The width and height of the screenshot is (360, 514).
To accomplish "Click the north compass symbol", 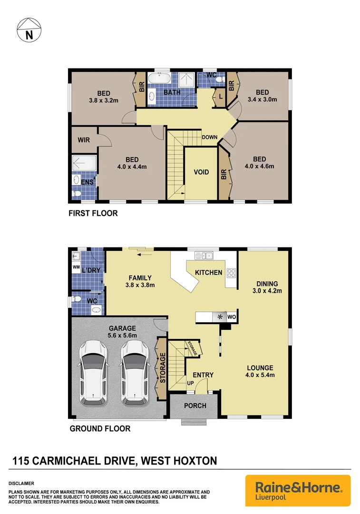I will [x=29, y=30].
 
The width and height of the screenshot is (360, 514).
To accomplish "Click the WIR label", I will [x=84, y=140].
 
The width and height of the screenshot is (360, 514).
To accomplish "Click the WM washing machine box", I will [x=76, y=267].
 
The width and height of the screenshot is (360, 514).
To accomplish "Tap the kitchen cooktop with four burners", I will [x=231, y=273].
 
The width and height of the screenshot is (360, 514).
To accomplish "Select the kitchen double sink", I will [x=207, y=256].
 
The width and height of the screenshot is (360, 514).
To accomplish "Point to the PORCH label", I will [x=195, y=405].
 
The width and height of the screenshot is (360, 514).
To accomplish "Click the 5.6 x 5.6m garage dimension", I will [x=122, y=336].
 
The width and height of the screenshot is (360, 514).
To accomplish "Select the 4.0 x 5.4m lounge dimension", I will [x=259, y=375].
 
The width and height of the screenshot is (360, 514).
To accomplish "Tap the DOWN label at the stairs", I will [x=209, y=138].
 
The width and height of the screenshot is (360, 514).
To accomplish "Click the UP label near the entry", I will [x=191, y=383].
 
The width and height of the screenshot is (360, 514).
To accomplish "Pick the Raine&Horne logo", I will [x=298, y=490].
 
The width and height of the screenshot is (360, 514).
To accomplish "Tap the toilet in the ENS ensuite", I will [x=77, y=194].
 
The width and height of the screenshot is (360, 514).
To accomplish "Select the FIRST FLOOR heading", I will [x=93, y=214].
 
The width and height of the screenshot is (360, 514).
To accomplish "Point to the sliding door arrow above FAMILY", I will [x=141, y=254].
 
